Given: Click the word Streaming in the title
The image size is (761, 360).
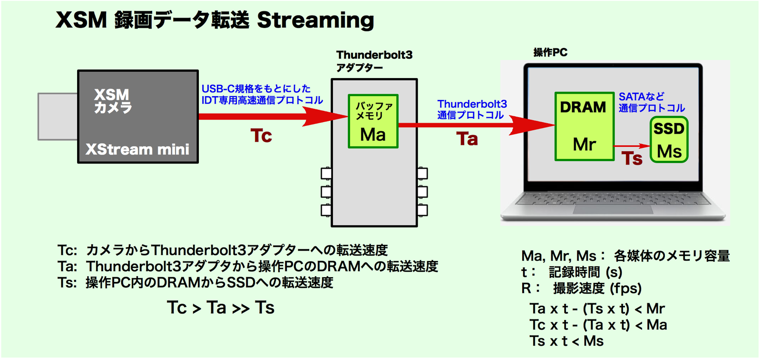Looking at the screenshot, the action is pos(316,20).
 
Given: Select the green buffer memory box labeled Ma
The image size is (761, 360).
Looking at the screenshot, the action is pos(373,121).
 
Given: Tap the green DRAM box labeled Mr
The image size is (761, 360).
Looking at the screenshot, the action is pos(585,126).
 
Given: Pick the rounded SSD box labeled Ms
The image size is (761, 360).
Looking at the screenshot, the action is pos(669,140).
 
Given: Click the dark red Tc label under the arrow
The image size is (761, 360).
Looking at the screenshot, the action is pos(261,136).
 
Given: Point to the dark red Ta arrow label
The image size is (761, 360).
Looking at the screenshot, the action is pos(467,139).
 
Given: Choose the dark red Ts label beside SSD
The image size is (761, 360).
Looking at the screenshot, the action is pos(632,158).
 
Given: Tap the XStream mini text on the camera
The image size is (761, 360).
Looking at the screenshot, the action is pos(137,149).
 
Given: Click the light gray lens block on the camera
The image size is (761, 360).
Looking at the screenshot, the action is pos(58,117).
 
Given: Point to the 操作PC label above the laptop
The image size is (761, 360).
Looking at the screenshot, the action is pos(550,52).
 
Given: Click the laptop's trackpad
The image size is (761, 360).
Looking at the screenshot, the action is pos(613,209).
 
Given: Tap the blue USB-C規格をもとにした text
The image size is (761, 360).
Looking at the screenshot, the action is pos(256,88).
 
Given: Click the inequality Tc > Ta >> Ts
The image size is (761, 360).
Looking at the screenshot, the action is pos(221,308).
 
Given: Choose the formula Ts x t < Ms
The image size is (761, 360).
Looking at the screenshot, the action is pos(566,341).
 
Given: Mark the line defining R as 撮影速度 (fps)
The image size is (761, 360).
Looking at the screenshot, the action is pos(581,289).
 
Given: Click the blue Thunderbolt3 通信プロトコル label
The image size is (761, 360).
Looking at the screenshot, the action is pos(472,109).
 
